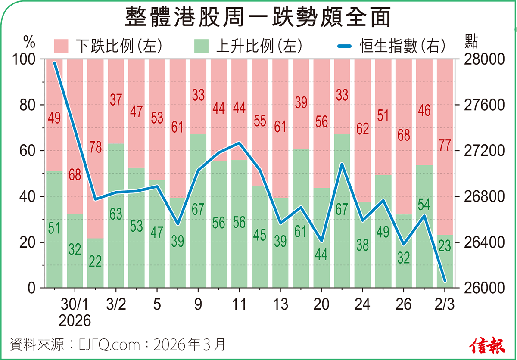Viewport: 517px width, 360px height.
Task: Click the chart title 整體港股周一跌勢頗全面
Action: click(258, 18)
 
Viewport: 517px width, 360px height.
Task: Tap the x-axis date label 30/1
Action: click(75, 304)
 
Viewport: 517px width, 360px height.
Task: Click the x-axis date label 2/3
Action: click(445, 304)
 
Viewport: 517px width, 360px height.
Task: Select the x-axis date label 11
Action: click(239, 304)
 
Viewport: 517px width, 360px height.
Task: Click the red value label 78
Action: click(95, 147)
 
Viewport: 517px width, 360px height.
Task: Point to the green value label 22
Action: click(95, 261)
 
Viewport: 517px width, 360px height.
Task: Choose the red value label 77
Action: click(445, 145)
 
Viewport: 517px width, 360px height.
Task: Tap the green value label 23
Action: click(445, 246)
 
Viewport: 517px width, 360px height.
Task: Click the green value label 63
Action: click(116, 214)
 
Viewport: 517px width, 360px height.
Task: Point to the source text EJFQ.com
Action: click(110, 344)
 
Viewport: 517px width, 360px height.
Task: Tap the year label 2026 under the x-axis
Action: click(75, 321)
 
